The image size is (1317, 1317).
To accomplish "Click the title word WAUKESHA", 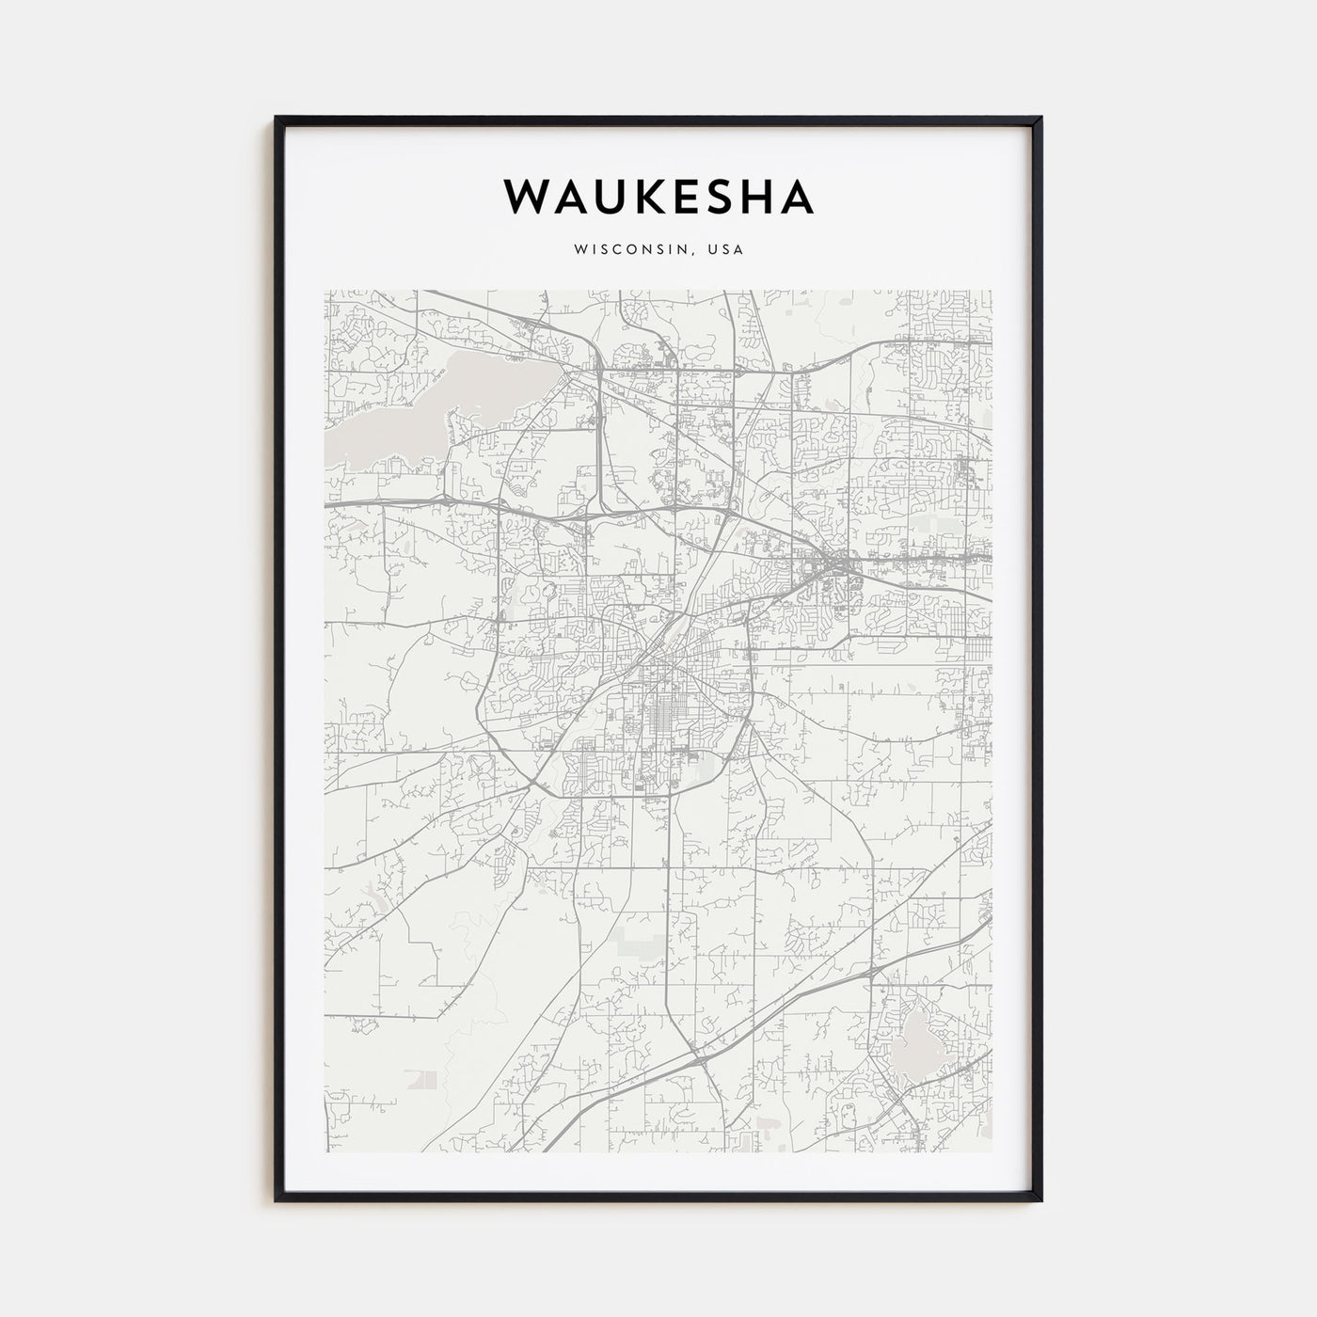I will pos(658,196).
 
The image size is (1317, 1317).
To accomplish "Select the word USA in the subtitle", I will pos(725,250).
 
